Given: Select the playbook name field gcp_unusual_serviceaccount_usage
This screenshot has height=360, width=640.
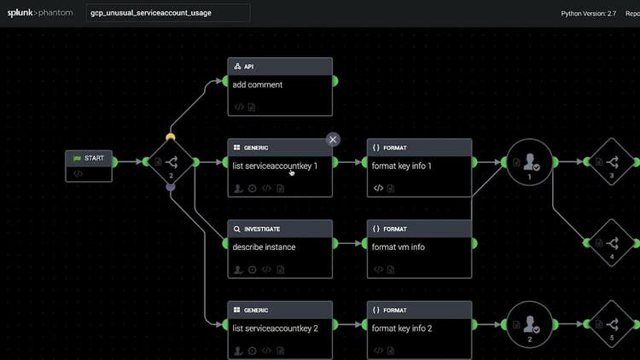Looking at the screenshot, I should click(169, 13).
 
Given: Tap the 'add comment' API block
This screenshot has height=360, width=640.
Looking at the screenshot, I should click(280, 85).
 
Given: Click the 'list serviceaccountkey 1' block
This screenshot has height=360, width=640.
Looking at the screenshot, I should click(280, 166).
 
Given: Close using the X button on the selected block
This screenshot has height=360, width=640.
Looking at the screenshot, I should click(333, 139).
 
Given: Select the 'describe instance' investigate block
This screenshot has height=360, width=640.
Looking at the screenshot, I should click(280, 247).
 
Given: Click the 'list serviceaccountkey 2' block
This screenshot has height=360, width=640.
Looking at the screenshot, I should click(280, 328).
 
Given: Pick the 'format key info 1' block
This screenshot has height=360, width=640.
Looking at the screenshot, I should click(419, 166).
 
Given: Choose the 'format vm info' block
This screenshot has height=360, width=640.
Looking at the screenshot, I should click(419, 247).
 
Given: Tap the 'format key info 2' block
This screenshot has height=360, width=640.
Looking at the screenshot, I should click(419, 328).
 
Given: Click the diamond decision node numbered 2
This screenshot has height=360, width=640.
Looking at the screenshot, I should click(171, 162).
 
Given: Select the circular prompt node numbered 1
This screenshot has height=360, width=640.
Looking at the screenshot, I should click(530, 162).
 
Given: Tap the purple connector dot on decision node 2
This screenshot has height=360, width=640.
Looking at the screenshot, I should click(171, 187).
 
